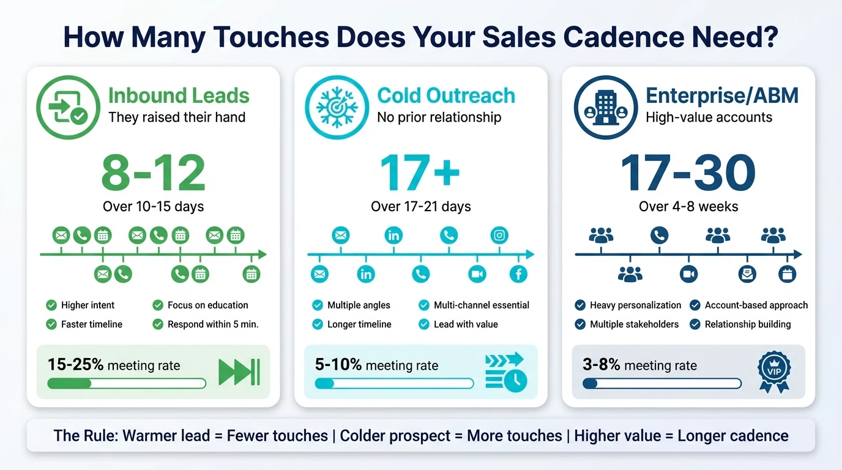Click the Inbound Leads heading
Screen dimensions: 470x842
[x=179, y=96]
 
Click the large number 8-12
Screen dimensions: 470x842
[x=153, y=173]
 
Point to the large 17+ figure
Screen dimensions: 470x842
[x=420, y=173]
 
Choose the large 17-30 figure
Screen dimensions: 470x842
[x=688, y=173]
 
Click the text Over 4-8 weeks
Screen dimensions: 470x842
[x=688, y=206]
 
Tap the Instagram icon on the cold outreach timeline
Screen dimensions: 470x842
[x=500, y=235]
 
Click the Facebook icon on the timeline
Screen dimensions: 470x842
[x=518, y=274]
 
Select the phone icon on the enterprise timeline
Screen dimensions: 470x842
[x=659, y=235]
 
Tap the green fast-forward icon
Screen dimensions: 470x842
[x=239, y=372]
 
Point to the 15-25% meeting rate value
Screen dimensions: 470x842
[x=76, y=365]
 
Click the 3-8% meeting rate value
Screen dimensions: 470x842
[x=602, y=365]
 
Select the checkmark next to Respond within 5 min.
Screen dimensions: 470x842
[x=158, y=324]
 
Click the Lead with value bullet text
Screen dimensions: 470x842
[x=466, y=324]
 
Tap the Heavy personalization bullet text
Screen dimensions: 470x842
[x=635, y=305]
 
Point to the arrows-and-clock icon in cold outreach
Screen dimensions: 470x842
[x=505, y=371]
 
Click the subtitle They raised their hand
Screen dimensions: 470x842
[x=177, y=117]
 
